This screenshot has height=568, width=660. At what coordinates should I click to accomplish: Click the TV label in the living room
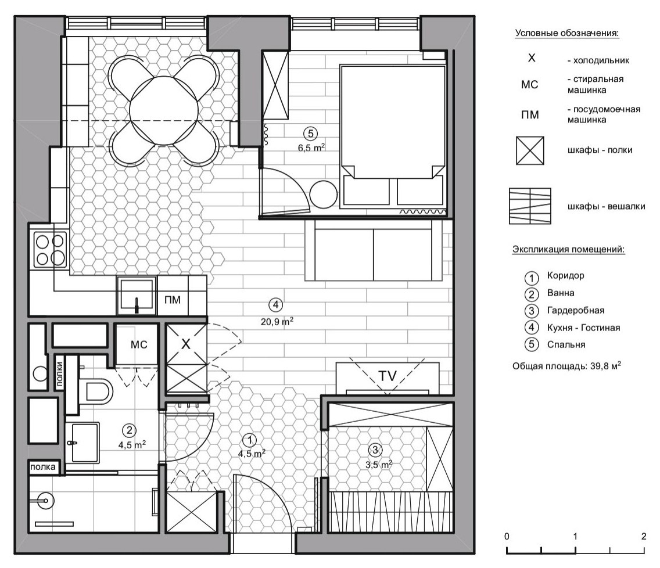point(388,375)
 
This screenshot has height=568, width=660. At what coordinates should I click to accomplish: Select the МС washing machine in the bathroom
point(138,344)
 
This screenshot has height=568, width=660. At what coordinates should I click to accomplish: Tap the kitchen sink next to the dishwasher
point(137,296)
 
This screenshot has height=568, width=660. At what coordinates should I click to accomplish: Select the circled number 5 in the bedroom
point(311,134)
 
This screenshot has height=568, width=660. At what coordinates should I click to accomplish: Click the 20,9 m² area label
point(277,322)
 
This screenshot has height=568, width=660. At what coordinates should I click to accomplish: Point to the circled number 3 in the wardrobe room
point(375,450)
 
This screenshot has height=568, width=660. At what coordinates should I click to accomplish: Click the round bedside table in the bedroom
point(323,194)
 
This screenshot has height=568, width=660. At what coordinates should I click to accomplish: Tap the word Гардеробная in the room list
point(575,311)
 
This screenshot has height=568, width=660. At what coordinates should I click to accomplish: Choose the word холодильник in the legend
point(601,60)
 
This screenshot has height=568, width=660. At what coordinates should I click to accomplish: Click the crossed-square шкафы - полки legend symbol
point(530,150)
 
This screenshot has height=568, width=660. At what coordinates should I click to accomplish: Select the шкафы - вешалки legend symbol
point(530,206)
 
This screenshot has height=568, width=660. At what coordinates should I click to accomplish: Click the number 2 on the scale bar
point(644,536)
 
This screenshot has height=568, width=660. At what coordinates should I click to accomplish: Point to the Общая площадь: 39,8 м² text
point(566,366)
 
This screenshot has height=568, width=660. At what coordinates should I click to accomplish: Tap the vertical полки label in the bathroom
point(59,374)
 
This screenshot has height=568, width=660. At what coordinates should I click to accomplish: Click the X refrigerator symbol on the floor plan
point(186,344)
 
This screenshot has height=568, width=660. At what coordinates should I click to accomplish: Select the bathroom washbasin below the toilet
point(83,442)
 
